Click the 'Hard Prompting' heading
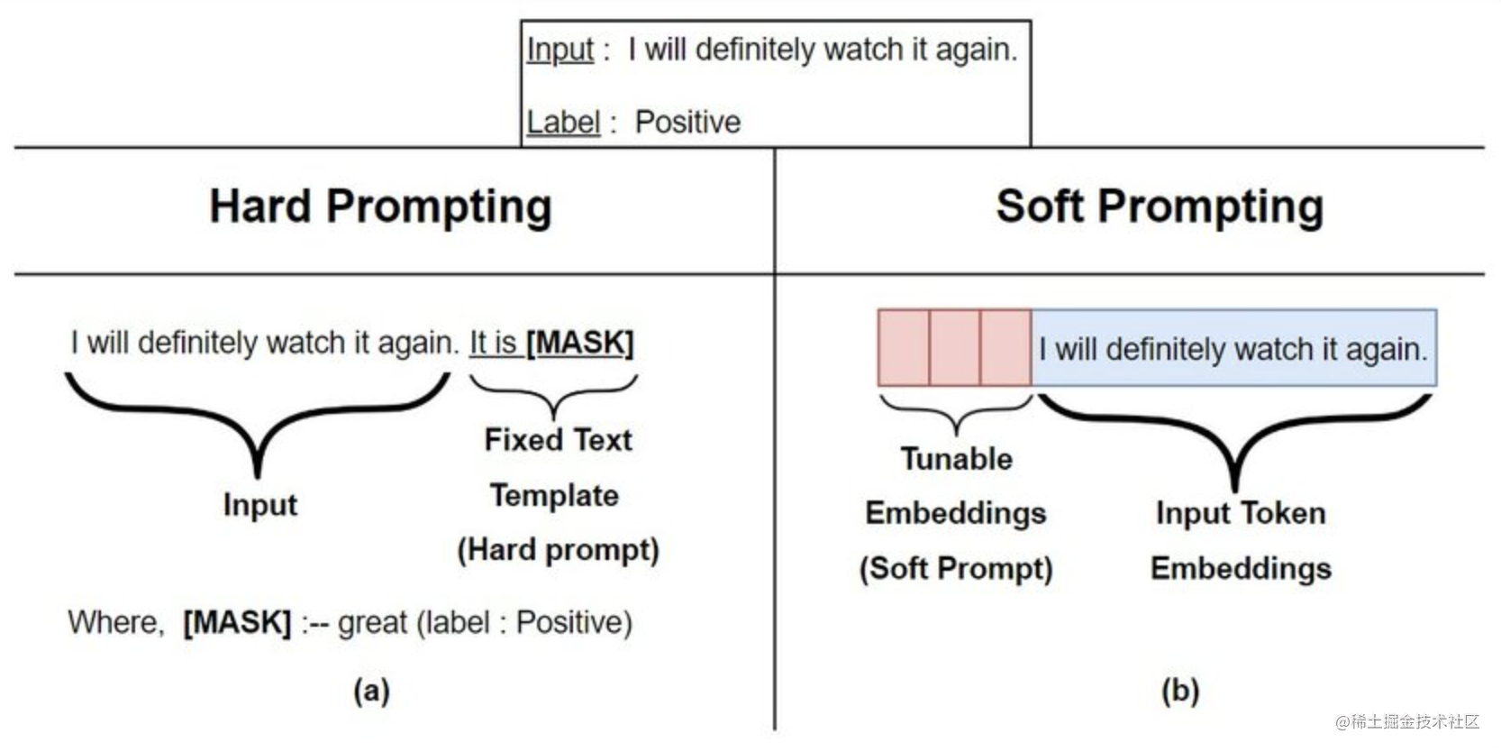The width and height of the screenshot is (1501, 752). click(x=380, y=206)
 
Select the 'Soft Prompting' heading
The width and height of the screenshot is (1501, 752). click(x=1160, y=206)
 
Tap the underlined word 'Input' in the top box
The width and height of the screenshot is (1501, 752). click(x=560, y=50)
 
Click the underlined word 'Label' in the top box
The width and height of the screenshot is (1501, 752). click(x=563, y=122)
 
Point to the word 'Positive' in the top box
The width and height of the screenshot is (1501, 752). click(x=687, y=122)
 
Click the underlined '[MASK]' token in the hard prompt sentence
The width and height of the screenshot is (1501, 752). click(x=580, y=343)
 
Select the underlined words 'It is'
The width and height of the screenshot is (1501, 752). click(x=493, y=343)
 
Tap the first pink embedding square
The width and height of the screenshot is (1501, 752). click(x=904, y=348)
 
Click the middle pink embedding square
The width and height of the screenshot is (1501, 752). click(x=955, y=348)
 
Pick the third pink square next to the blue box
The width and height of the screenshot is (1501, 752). click(x=1005, y=348)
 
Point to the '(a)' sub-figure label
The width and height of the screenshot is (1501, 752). click(x=371, y=691)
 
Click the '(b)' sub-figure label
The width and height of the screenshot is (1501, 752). click(x=1180, y=691)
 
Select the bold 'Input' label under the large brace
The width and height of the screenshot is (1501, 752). click(x=260, y=505)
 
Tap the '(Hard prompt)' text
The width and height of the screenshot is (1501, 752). click(x=558, y=550)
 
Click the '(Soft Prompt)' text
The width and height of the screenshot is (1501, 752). click(x=956, y=569)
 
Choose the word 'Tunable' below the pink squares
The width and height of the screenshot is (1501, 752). click(x=957, y=459)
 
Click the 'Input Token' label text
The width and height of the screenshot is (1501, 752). click(x=1241, y=513)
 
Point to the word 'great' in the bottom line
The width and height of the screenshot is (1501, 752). click(x=372, y=623)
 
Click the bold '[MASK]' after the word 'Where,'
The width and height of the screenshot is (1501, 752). click(x=237, y=622)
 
